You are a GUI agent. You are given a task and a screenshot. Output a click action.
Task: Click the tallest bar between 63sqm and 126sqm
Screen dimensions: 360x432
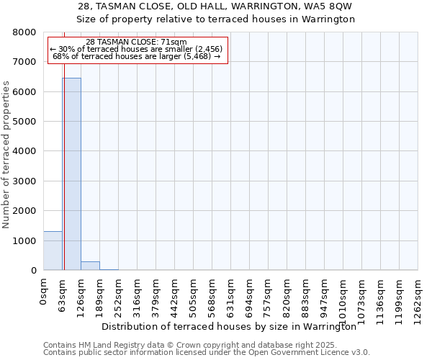click(x=71, y=174)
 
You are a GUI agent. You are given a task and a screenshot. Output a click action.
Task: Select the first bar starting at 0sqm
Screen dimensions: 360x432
click(x=53, y=251)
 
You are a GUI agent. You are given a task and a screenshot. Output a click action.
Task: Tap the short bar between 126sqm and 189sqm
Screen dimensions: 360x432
click(x=90, y=266)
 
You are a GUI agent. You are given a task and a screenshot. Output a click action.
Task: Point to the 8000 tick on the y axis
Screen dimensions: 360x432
click(x=25, y=32)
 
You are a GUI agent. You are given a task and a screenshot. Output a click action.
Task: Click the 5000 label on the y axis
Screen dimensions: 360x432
click(x=25, y=122)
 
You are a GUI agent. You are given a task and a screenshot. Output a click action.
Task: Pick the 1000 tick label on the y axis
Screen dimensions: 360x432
click(x=25, y=240)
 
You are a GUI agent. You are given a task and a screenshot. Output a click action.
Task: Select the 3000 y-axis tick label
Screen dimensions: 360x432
click(x=25, y=181)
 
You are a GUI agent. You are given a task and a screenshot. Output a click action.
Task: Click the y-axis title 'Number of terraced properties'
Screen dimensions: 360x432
click(x=6, y=154)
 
